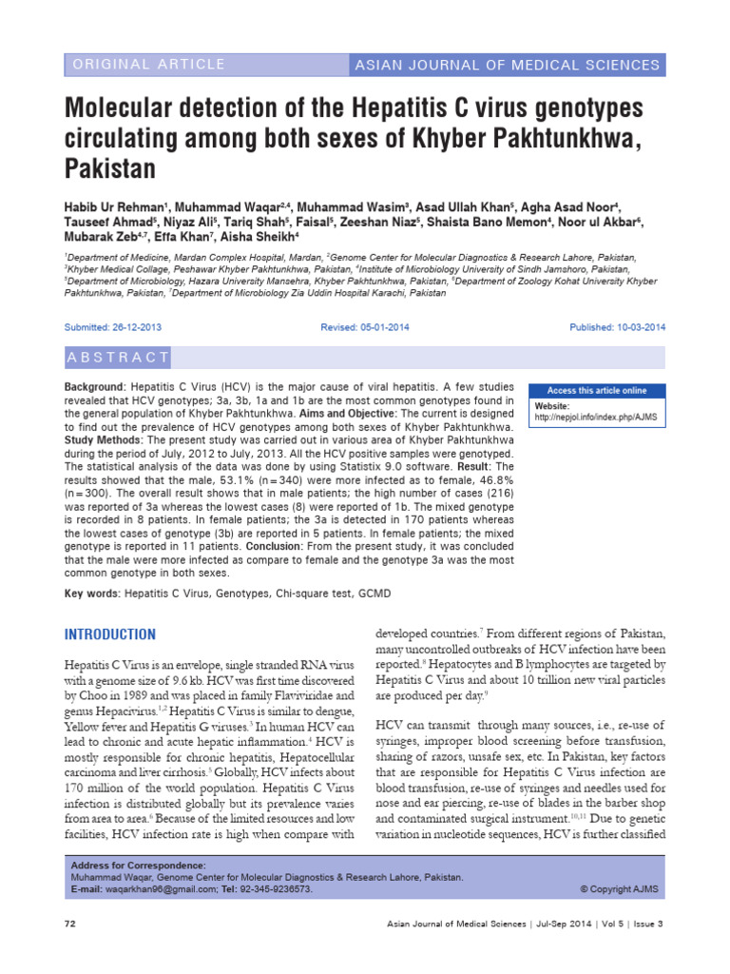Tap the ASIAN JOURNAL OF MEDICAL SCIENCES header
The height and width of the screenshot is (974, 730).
coord(507,65)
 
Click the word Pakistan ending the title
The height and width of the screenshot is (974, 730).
coord(108,169)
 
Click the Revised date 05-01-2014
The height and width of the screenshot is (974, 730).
coord(362,327)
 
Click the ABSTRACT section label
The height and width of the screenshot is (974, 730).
coord(119,358)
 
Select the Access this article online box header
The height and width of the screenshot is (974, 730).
coord(596,390)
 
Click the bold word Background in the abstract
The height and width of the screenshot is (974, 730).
coord(93,388)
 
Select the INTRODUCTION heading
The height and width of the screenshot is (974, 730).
coord(109,634)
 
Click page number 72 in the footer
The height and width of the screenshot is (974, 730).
coord(69,925)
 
